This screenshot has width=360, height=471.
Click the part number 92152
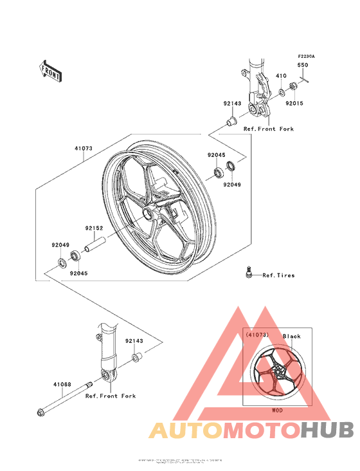coord(93,227)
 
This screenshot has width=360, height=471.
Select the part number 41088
coord(62,385)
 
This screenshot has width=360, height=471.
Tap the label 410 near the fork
coord(280,76)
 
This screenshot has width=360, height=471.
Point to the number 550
coord(302,65)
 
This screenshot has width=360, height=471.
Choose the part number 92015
coord(294,104)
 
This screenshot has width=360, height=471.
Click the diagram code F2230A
coord(306,57)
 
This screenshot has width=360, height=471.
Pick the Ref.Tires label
coord(278,275)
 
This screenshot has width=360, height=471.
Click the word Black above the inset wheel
coord(291,337)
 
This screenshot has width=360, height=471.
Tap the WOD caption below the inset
coord(276,410)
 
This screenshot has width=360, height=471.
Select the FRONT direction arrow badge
coord(51,70)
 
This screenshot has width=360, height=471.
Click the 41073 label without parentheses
coord(84,149)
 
